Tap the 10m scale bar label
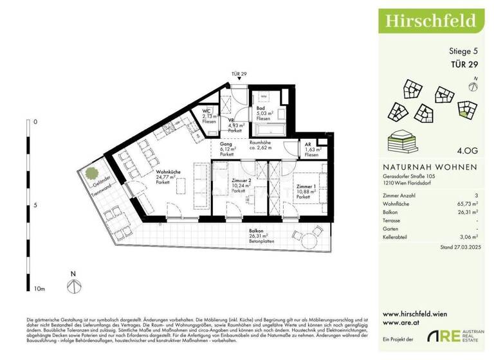pos(40,289)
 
